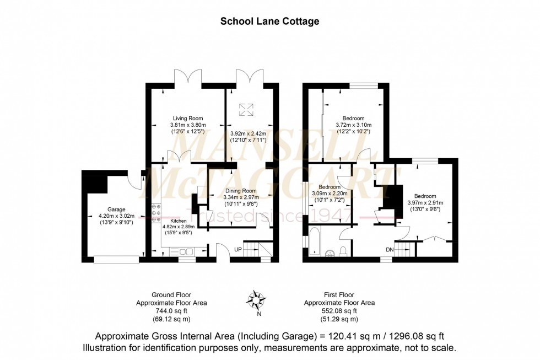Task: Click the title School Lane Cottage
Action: tap(269, 22)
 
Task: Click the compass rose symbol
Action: tap(256, 300)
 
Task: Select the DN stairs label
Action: tap(389, 249)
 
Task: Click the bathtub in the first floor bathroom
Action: tap(315, 241)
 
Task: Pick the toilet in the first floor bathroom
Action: tap(343, 251)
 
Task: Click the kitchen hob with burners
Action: tap(156, 213)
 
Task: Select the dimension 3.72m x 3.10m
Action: tap(353, 125)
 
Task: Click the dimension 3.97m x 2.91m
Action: tap(425, 203)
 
